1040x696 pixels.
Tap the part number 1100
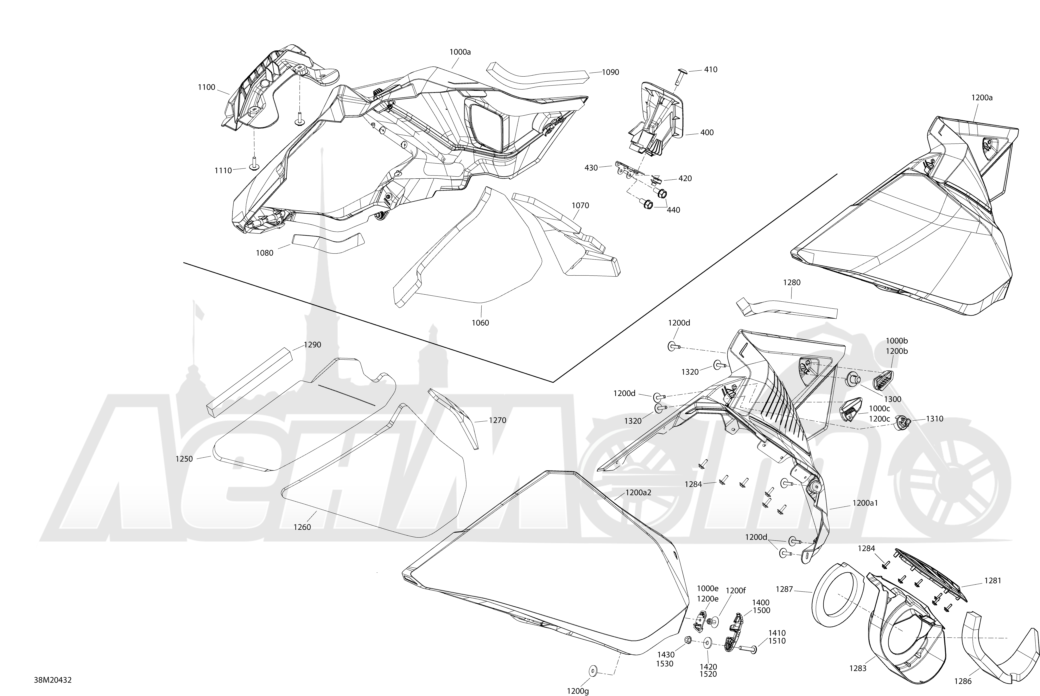pyautogui.click(x=206, y=88)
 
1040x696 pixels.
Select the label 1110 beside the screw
pyautogui.click(x=223, y=171)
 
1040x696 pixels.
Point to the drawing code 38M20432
pyautogui.click(x=53, y=680)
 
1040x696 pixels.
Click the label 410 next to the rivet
pyautogui.click(x=711, y=70)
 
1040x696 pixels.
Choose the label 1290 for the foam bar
pyautogui.click(x=312, y=345)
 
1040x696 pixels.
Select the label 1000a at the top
pyautogui.click(x=460, y=52)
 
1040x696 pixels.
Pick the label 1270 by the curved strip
pyautogui.click(x=497, y=420)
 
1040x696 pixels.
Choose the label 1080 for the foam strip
pyautogui.click(x=265, y=253)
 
